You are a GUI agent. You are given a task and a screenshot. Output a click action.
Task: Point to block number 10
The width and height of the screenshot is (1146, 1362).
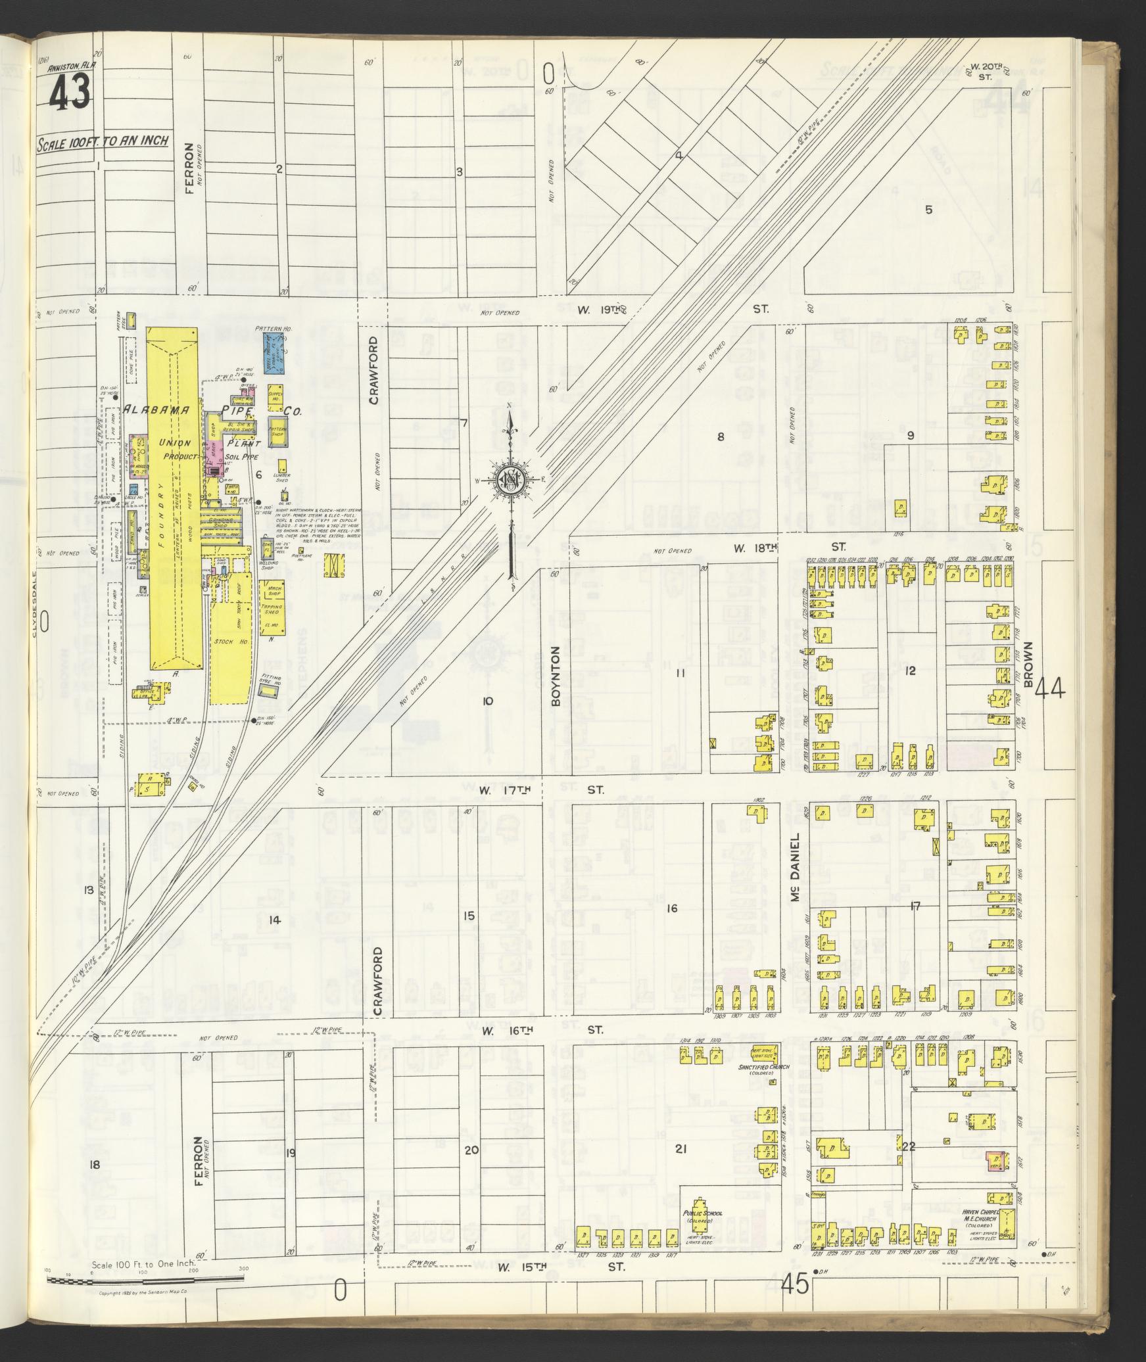(487, 701)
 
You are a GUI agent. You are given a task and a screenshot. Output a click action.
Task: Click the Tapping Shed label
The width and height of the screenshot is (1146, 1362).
(272, 609)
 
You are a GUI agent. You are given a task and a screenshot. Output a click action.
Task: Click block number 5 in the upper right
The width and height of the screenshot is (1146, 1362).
(928, 210)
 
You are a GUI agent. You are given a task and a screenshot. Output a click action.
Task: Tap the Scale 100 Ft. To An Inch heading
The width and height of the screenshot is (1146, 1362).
(103, 141)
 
